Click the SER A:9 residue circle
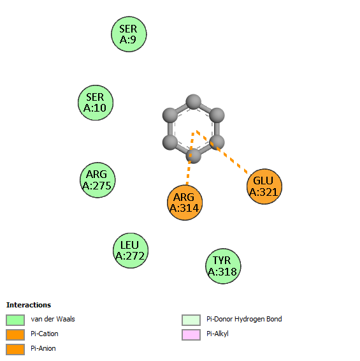(x=129, y=34)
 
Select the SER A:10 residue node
(x=96, y=103)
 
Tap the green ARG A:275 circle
(x=97, y=180)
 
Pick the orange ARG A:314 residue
(x=185, y=203)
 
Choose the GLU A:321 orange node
(x=264, y=186)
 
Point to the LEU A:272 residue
(x=131, y=251)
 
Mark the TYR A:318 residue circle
(x=223, y=266)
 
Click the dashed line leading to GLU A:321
(x=222, y=152)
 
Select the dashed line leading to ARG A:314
(x=190, y=159)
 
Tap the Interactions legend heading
(x=29, y=305)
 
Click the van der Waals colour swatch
(x=15, y=320)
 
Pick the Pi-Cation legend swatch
(x=15, y=335)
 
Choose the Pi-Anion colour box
(x=15, y=350)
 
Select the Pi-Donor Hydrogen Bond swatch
(x=191, y=320)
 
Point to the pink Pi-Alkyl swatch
(x=191, y=335)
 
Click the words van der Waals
(x=53, y=319)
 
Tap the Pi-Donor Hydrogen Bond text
(x=244, y=319)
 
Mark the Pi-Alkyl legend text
(x=217, y=334)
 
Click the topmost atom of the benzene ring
(x=194, y=101)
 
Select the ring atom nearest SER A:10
(x=170, y=115)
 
